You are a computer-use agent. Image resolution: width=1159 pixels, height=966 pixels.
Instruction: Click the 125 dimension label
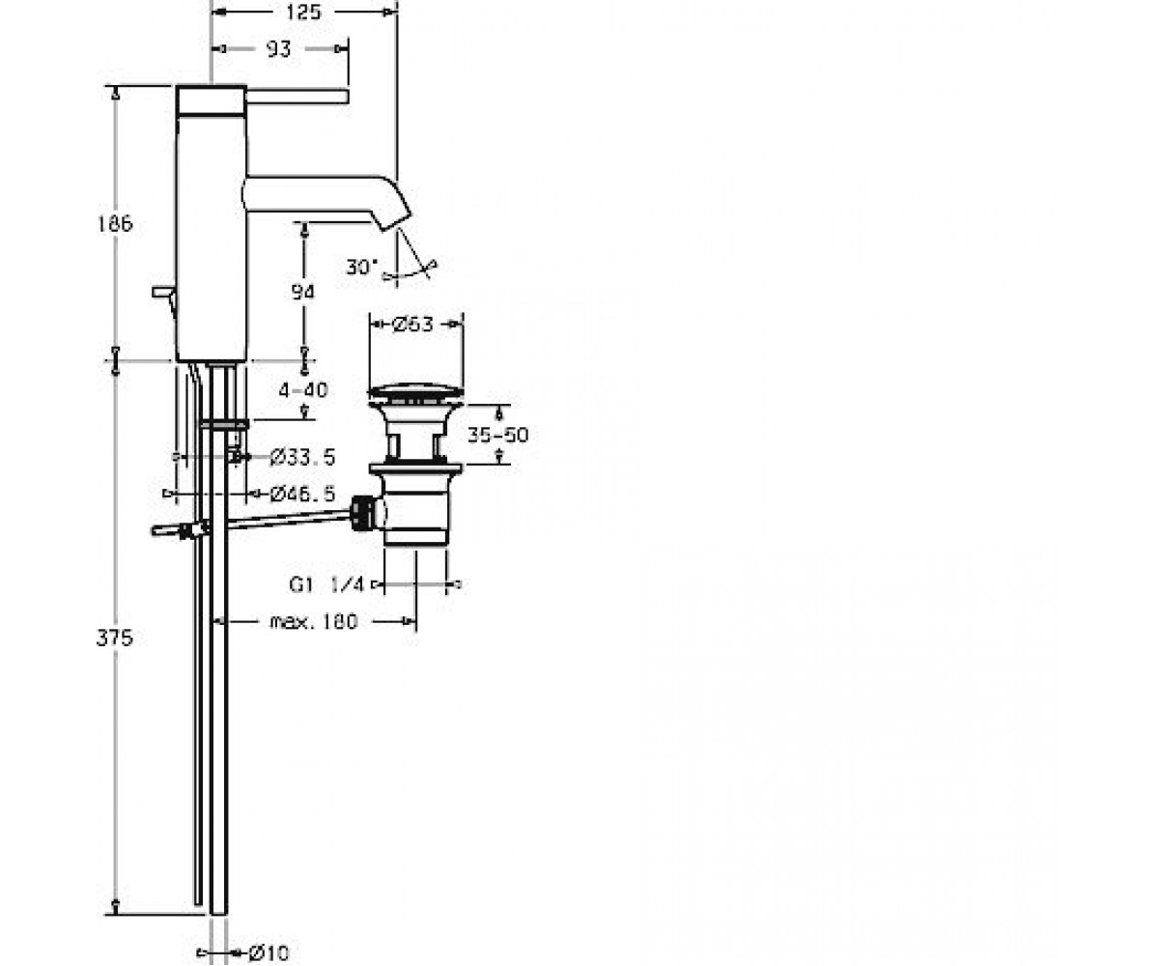(303, 12)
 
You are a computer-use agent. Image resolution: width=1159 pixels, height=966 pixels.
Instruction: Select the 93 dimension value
(279, 49)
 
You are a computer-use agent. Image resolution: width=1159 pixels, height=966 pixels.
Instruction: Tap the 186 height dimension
(116, 224)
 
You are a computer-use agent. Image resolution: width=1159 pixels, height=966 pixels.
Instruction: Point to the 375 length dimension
(115, 638)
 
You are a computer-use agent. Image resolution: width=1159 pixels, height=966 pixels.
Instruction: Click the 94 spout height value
(303, 292)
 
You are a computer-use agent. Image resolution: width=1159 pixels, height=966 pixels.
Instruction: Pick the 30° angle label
(362, 267)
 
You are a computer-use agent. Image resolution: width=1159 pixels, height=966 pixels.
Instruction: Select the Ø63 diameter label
(412, 324)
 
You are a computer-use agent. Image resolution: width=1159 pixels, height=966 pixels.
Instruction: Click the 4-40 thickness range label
(303, 389)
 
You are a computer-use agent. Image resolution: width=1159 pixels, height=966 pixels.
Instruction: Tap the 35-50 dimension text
(498, 435)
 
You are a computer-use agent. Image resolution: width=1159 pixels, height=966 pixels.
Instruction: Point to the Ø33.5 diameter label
(303, 458)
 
